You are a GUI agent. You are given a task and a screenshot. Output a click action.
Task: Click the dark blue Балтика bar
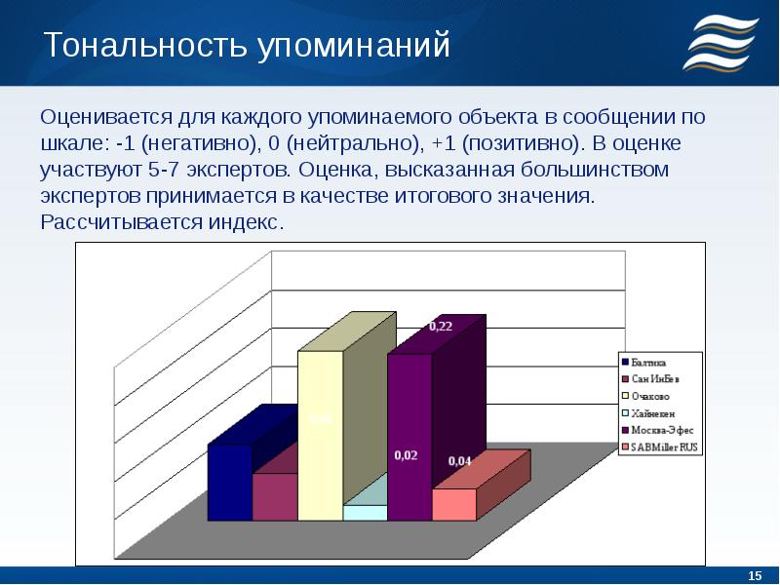(x=230, y=482)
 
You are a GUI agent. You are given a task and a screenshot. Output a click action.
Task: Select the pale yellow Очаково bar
(x=320, y=435)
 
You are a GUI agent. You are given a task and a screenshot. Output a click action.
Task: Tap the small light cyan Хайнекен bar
(x=365, y=513)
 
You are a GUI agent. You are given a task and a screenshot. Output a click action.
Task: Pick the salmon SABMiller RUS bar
(x=454, y=504)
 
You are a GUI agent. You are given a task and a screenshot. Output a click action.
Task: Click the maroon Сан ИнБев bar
(x=275, y=497)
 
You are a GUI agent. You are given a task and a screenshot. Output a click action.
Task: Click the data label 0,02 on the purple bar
(x=406, y=455)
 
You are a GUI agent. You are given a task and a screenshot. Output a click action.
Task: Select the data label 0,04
(x=458, y=461)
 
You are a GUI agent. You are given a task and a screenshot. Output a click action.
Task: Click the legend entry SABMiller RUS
(x=660, y=448)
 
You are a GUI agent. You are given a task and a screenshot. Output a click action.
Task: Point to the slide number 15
(x=753, y=574)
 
